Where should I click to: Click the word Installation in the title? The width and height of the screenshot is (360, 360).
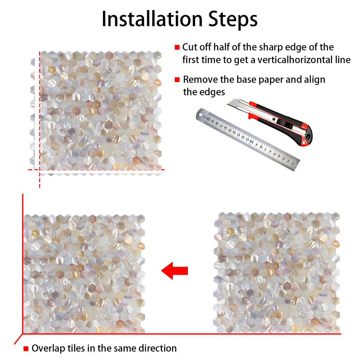(152, 19)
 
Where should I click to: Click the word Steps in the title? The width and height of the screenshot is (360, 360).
(233, 20)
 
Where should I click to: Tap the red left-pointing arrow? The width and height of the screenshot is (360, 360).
(175, 271)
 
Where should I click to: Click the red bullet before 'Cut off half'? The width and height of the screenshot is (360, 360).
(177, 47)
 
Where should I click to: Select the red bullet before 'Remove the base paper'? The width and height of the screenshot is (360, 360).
(177, 80)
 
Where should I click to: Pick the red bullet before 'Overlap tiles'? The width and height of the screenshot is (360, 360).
(26, 348)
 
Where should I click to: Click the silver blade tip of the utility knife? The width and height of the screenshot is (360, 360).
(230, 103)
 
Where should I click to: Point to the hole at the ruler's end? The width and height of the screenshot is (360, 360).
(201, 114)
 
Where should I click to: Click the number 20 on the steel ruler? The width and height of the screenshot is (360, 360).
(208, 119)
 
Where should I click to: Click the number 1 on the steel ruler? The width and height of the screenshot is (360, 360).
(293, 164)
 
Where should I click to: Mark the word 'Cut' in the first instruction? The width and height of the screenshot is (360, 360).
(190, 47)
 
